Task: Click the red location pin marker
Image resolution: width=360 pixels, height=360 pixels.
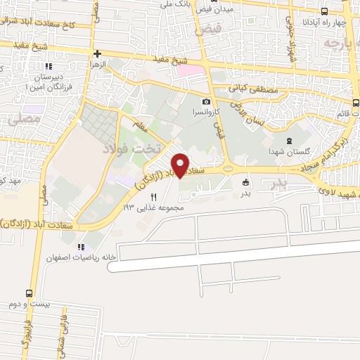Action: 180,165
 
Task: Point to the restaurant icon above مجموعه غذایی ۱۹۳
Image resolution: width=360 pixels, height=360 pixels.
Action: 153,198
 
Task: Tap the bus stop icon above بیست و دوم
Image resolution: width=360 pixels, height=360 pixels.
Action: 30,293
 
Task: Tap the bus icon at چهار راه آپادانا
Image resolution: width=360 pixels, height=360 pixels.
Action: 323,11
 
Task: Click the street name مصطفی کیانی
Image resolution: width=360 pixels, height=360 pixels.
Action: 250,89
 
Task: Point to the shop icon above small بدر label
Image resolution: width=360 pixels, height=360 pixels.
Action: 245,181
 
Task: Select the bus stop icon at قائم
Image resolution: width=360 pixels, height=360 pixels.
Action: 355,103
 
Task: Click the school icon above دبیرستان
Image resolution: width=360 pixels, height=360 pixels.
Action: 48,66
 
